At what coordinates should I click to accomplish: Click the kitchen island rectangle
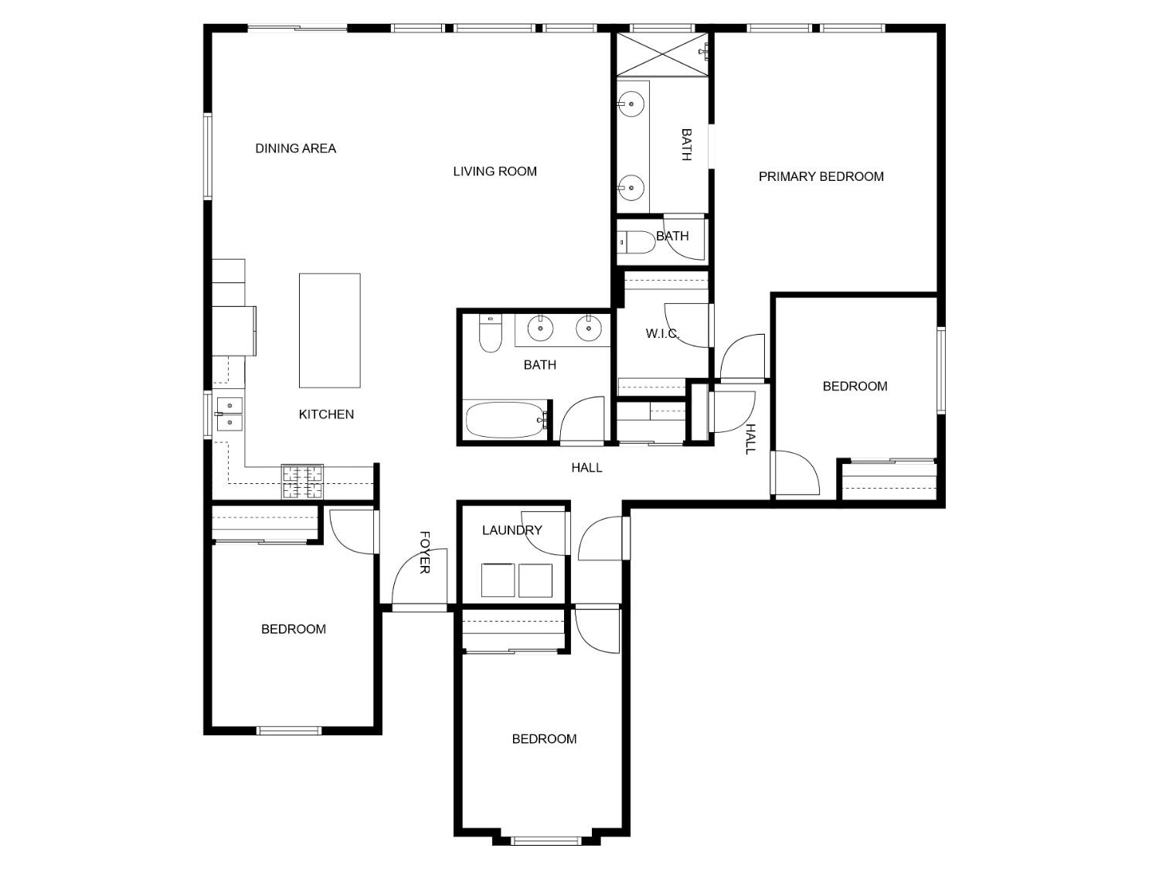329,330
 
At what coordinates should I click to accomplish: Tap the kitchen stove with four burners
302,482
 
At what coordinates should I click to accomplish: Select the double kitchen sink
229,414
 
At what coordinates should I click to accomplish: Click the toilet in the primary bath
637,242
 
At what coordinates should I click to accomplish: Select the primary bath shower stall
663,53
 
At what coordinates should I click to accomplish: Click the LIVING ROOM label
495,172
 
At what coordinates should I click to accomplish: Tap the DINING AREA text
295,148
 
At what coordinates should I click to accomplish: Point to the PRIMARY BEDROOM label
821,176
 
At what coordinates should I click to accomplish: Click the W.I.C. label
662,334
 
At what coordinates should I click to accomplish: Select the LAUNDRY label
512,530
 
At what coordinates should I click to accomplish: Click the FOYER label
424,552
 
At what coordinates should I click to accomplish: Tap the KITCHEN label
326,414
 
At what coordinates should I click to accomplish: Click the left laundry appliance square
498,580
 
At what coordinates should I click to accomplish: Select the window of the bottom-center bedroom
546,840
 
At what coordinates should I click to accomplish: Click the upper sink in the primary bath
632,104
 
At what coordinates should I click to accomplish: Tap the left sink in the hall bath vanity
540,329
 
